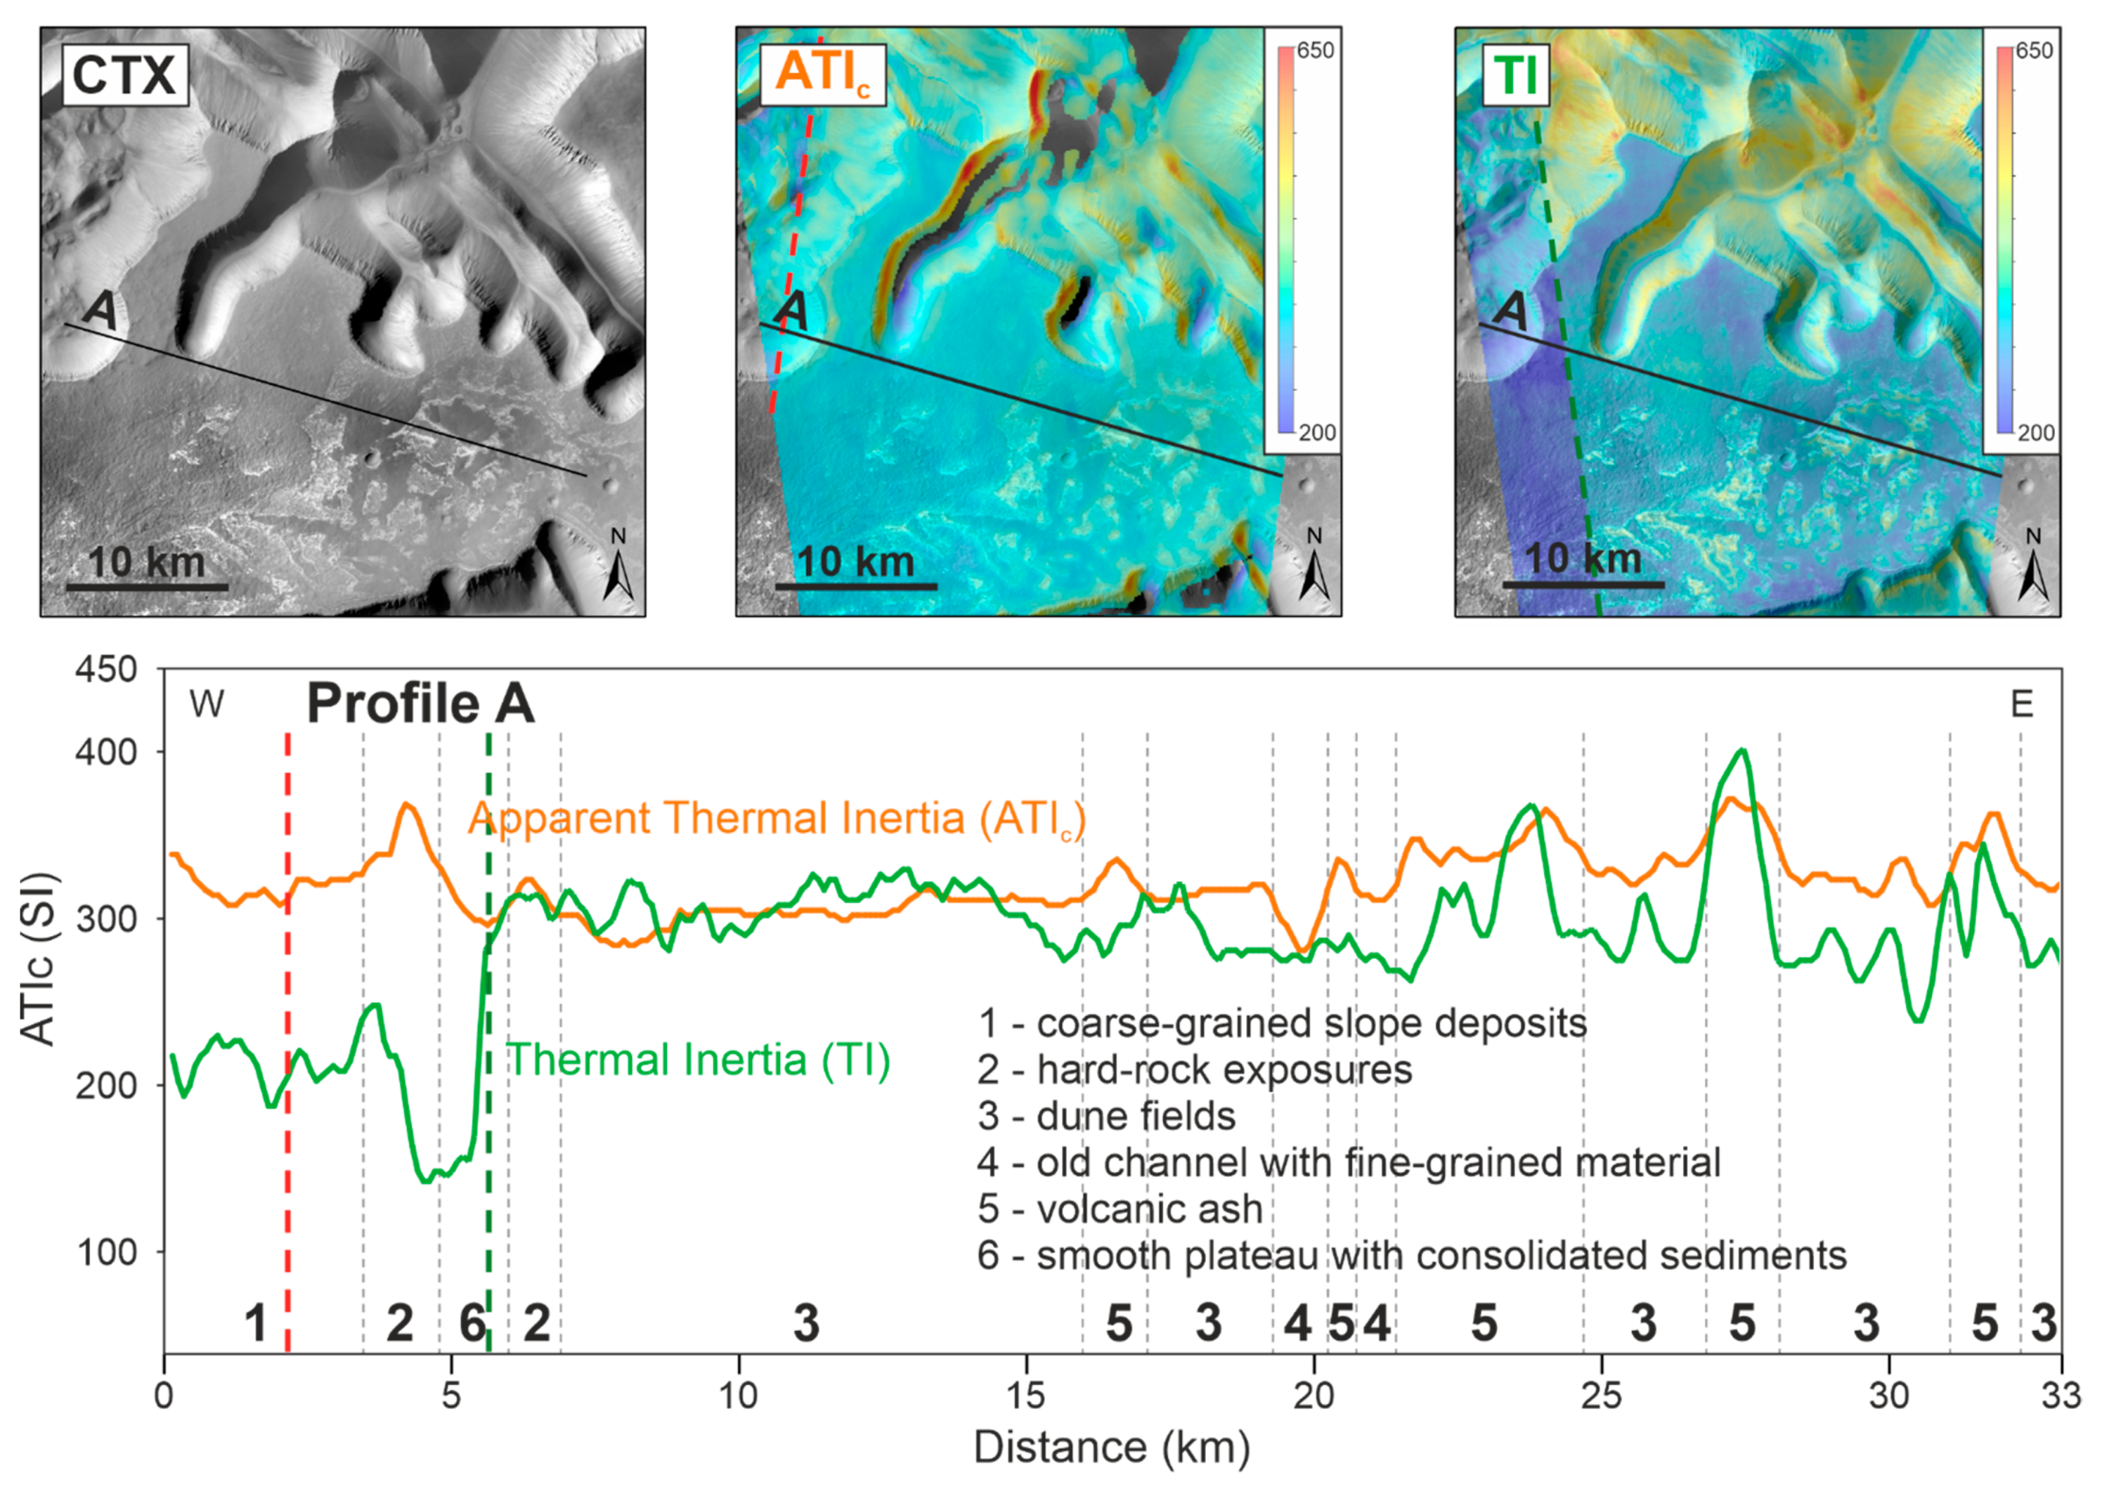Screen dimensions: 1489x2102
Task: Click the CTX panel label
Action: point(124,75)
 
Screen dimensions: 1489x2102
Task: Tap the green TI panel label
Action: point(1515,75)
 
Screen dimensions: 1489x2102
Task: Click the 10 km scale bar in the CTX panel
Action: point(147,584)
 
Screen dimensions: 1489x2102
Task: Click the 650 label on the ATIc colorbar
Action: point(1315,50)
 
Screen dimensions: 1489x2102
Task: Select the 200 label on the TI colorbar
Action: point(2035,433)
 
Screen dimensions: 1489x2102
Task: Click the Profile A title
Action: point(420,704)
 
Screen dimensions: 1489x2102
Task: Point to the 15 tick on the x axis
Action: point(1026,1396)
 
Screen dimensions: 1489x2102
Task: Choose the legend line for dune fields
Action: point(1106,1116)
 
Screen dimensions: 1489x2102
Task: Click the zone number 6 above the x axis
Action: point(472,1323)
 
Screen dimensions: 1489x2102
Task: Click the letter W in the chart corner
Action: point(206,704)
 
